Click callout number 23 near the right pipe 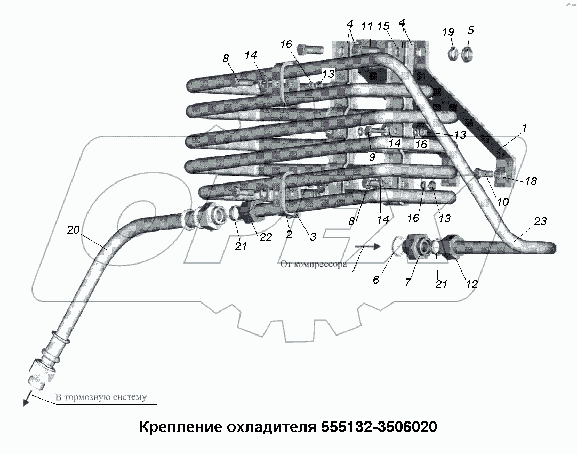540,222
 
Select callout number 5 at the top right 470,30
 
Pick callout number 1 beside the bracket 524,128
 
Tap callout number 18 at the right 531,181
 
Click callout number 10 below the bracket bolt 503,202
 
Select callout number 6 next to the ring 376,280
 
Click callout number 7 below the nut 408,283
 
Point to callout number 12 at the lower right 471,284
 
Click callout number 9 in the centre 372,157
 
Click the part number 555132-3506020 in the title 379,427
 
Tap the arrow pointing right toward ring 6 368,246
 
